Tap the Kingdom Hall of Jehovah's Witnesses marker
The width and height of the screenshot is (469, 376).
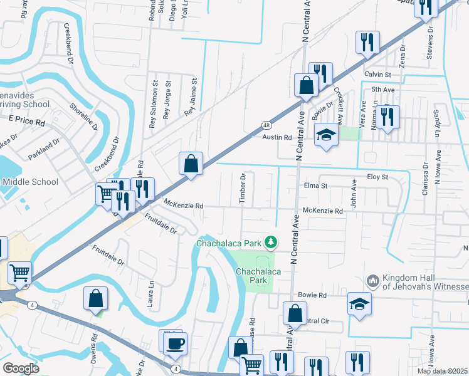[372, 280]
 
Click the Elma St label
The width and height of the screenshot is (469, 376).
[315, 186]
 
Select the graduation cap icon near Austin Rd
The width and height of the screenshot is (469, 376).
[326, 135]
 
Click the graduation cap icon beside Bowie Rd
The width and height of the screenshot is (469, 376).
[360, 304]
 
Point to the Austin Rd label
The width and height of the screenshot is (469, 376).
[277, 137]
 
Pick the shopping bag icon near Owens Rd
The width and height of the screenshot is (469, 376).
[95, 298]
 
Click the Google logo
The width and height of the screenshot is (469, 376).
[21, 368]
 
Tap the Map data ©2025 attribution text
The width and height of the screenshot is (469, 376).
[441, 371]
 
